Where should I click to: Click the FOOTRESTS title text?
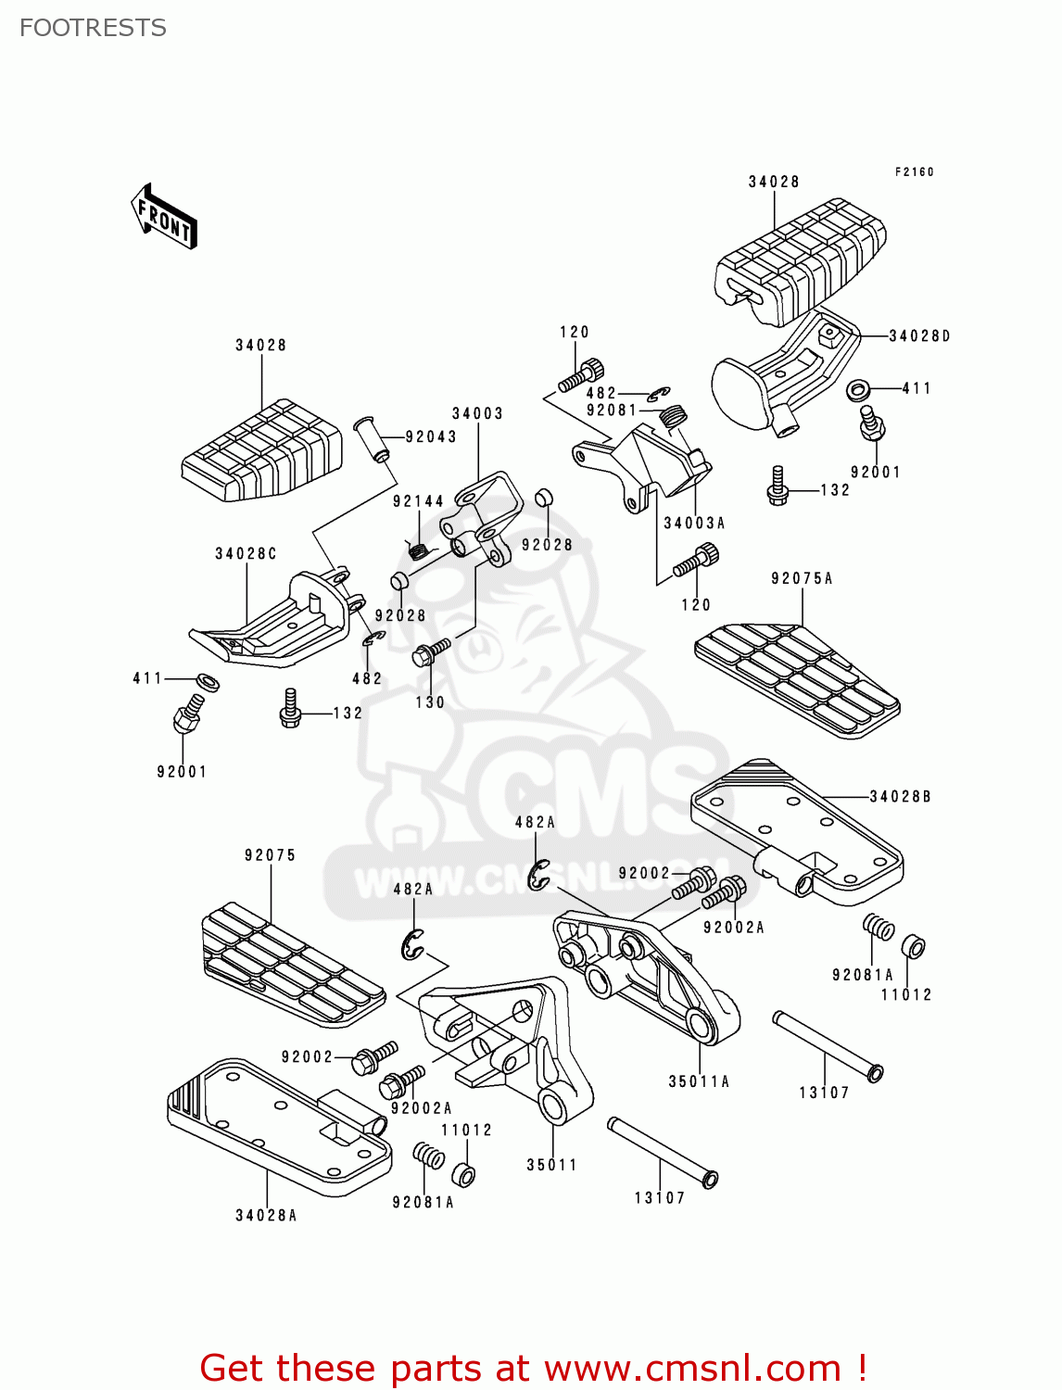tap(93, 28)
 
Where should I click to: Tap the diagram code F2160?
tap(914, 172)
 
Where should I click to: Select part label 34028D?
tap(919, 336)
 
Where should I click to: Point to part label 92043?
tap(431, 437)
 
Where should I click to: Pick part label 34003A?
tap(694, 524)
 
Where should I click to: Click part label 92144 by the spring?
tap(419, 501)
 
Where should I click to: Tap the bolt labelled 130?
tap(430, 652)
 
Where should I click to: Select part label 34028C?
tap(246, 554)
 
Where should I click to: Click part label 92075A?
tap(802, 579)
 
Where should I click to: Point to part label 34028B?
tap(900, 797)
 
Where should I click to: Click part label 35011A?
tap(699, 1081)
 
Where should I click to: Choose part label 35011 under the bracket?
tap(551, 1165)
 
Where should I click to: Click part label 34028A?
tap(266, 1216)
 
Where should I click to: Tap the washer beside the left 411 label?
tap(209, 682)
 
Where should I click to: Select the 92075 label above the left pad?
tap(271, 855)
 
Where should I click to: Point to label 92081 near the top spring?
tap(612, 411)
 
